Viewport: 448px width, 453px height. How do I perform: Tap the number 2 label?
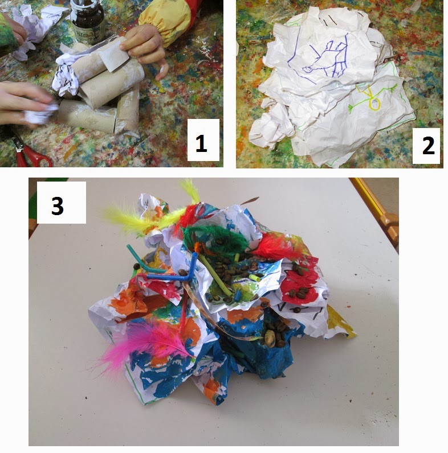[x=426, y=146]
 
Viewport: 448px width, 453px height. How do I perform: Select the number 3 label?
[x=62, y=203]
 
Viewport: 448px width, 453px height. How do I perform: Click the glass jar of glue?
[x=87, y=22]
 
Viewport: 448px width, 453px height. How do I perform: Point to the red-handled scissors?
[x=29, y=154]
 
